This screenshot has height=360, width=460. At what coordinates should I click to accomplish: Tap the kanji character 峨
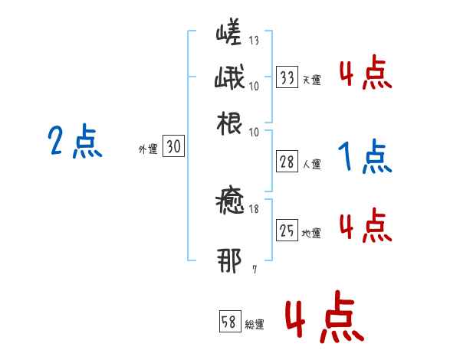click(x=229, y=79)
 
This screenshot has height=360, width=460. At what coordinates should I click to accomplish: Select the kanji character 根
click(x=230, y=122)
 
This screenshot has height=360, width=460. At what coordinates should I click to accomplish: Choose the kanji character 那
click(x=230, y=263)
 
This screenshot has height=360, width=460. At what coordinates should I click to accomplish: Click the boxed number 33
click(x=287, y=77)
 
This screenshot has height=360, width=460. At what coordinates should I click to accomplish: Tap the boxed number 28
click(x=287, y=162)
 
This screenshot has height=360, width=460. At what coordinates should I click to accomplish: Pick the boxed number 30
click(x=173, y=148)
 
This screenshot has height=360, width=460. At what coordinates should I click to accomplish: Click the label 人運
click(x=311, y=164)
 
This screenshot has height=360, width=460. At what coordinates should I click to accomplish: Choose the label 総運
click(x=255, y=324)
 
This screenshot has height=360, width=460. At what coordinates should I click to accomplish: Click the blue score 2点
click(x=75, y=142)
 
